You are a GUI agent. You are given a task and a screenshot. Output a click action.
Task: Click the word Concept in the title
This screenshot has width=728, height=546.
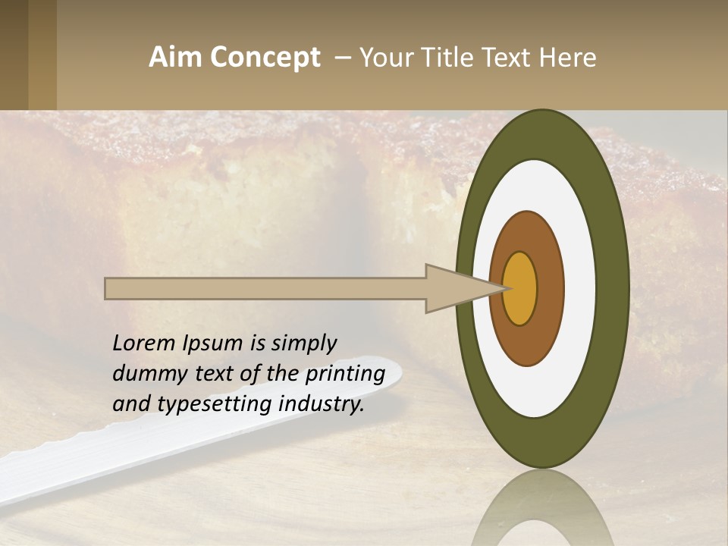tap(265, 58)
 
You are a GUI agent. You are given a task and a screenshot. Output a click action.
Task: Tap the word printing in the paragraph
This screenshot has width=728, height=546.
tap(345, 374)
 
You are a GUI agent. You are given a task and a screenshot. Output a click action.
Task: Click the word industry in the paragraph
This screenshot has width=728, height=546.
tap(322, 404)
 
